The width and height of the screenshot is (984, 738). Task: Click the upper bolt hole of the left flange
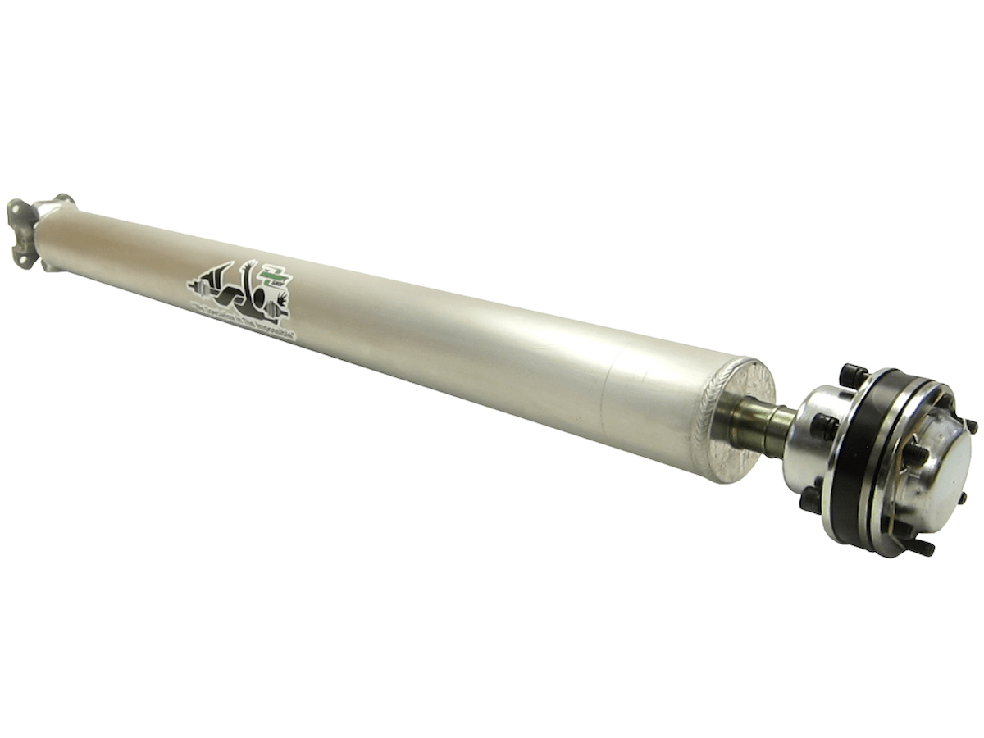(16, 209)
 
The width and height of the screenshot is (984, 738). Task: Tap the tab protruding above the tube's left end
(62, 199)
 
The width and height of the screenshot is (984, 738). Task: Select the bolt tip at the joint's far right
(971, 426)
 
